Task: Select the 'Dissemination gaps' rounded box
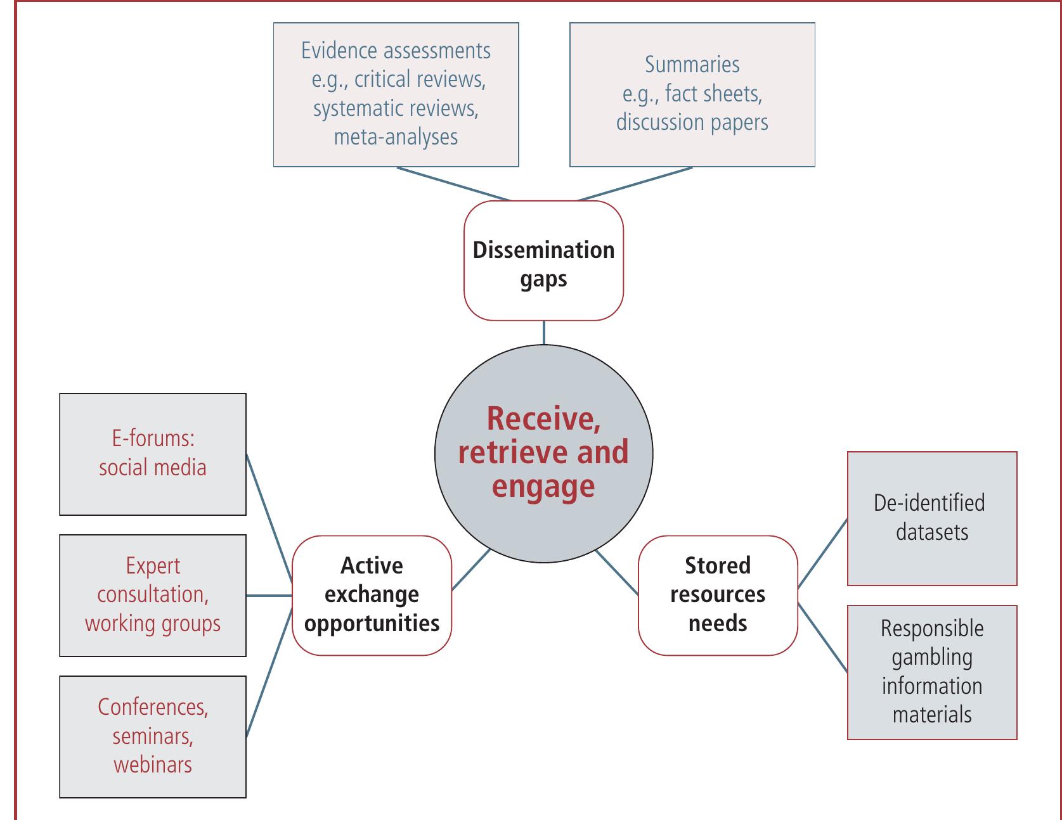[x=543, y=261]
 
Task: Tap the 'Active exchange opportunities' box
[x=372, y=595]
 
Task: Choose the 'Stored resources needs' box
[x=717, y=595]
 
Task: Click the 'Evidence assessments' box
[x=396, y=94]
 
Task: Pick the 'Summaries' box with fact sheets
[x=692, y=94]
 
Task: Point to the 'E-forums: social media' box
[x=152, y=454]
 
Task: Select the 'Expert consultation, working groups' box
[x=152, y=595]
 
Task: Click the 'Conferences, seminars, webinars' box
[x=152, y=736]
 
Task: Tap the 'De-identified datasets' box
[x=931, y=518]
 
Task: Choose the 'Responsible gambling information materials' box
[x=931, y=672]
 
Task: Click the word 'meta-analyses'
[x=396, y=137]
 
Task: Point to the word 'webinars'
[x=152, y=764]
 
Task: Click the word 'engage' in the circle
[x=543, y=487]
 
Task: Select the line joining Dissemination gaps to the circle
[x=543, y=333]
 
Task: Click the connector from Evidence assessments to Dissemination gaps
[x=453, y=184]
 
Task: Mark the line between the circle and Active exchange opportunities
[x=470, y=570]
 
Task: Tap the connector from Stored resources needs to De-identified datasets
[x=822, y=553]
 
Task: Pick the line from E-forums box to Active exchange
[x=269, y=516]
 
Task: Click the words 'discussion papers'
[x=692, y=122]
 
